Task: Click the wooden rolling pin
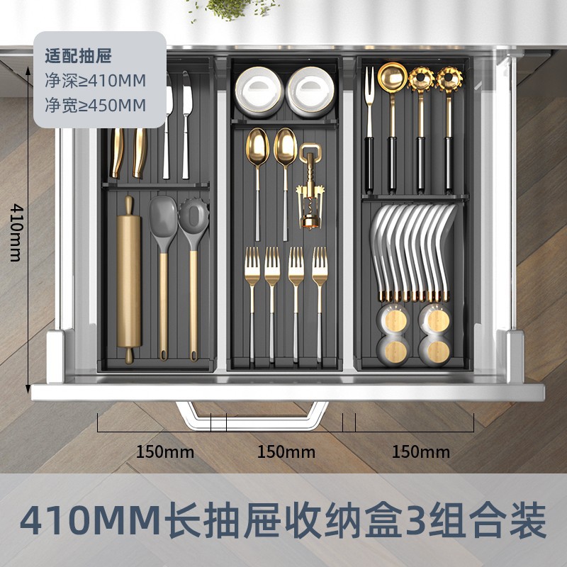click(129, 280)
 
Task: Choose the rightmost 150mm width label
click(421, 451)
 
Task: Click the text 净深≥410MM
click(95, 79)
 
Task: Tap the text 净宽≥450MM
click(95, 106)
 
